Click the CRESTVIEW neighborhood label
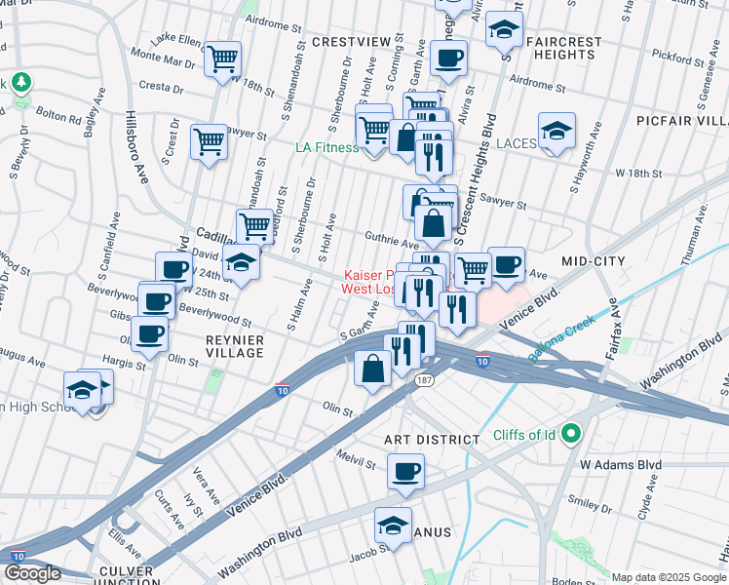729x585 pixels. [351, 42]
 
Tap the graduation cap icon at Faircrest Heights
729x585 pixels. [504, 32]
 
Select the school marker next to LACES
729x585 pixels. [556, 133]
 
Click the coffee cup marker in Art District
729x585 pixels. [405, 473]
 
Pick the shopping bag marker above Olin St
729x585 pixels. [372, 369]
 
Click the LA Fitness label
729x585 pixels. [327, 147]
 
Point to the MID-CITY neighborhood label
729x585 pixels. [592, 261]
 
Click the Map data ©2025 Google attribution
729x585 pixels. [669, 577]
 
